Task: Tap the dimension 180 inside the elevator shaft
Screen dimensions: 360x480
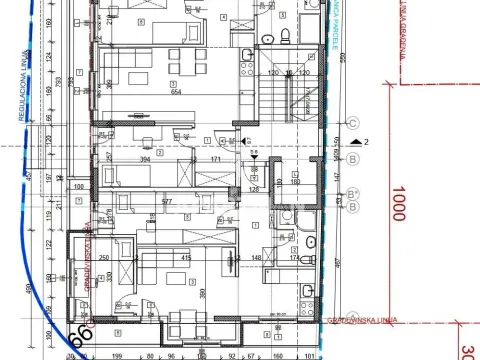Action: click(x=295, y=181)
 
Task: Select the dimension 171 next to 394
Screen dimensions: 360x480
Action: click(x=215, y=158)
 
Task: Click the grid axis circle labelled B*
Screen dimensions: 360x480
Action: click(x=352, y=195)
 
